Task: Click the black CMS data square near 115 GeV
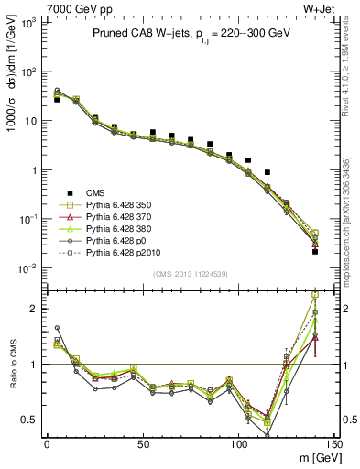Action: pyautogui.click(x=267, y=172)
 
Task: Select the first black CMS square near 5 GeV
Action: pyautogui.click(x=57, y=99)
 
